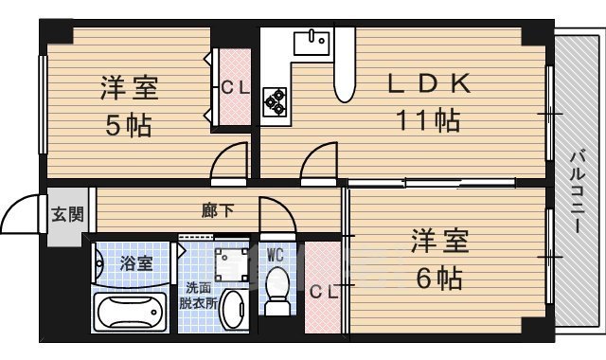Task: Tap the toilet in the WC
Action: pyautogui.click(x=278, y=290)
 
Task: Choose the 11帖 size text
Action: pyautogui.click(x=428, y=120)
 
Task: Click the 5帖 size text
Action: pyautogui.click(x=127, y=124)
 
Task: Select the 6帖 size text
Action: pyautogui.click(x=437, y=279)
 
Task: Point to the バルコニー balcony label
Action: pyautogui.click(x=577, y=194)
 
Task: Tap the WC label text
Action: pyautogui.click(x=276, y=254)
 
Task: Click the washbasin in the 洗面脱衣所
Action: pyautogui.click(x=235, y=309)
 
